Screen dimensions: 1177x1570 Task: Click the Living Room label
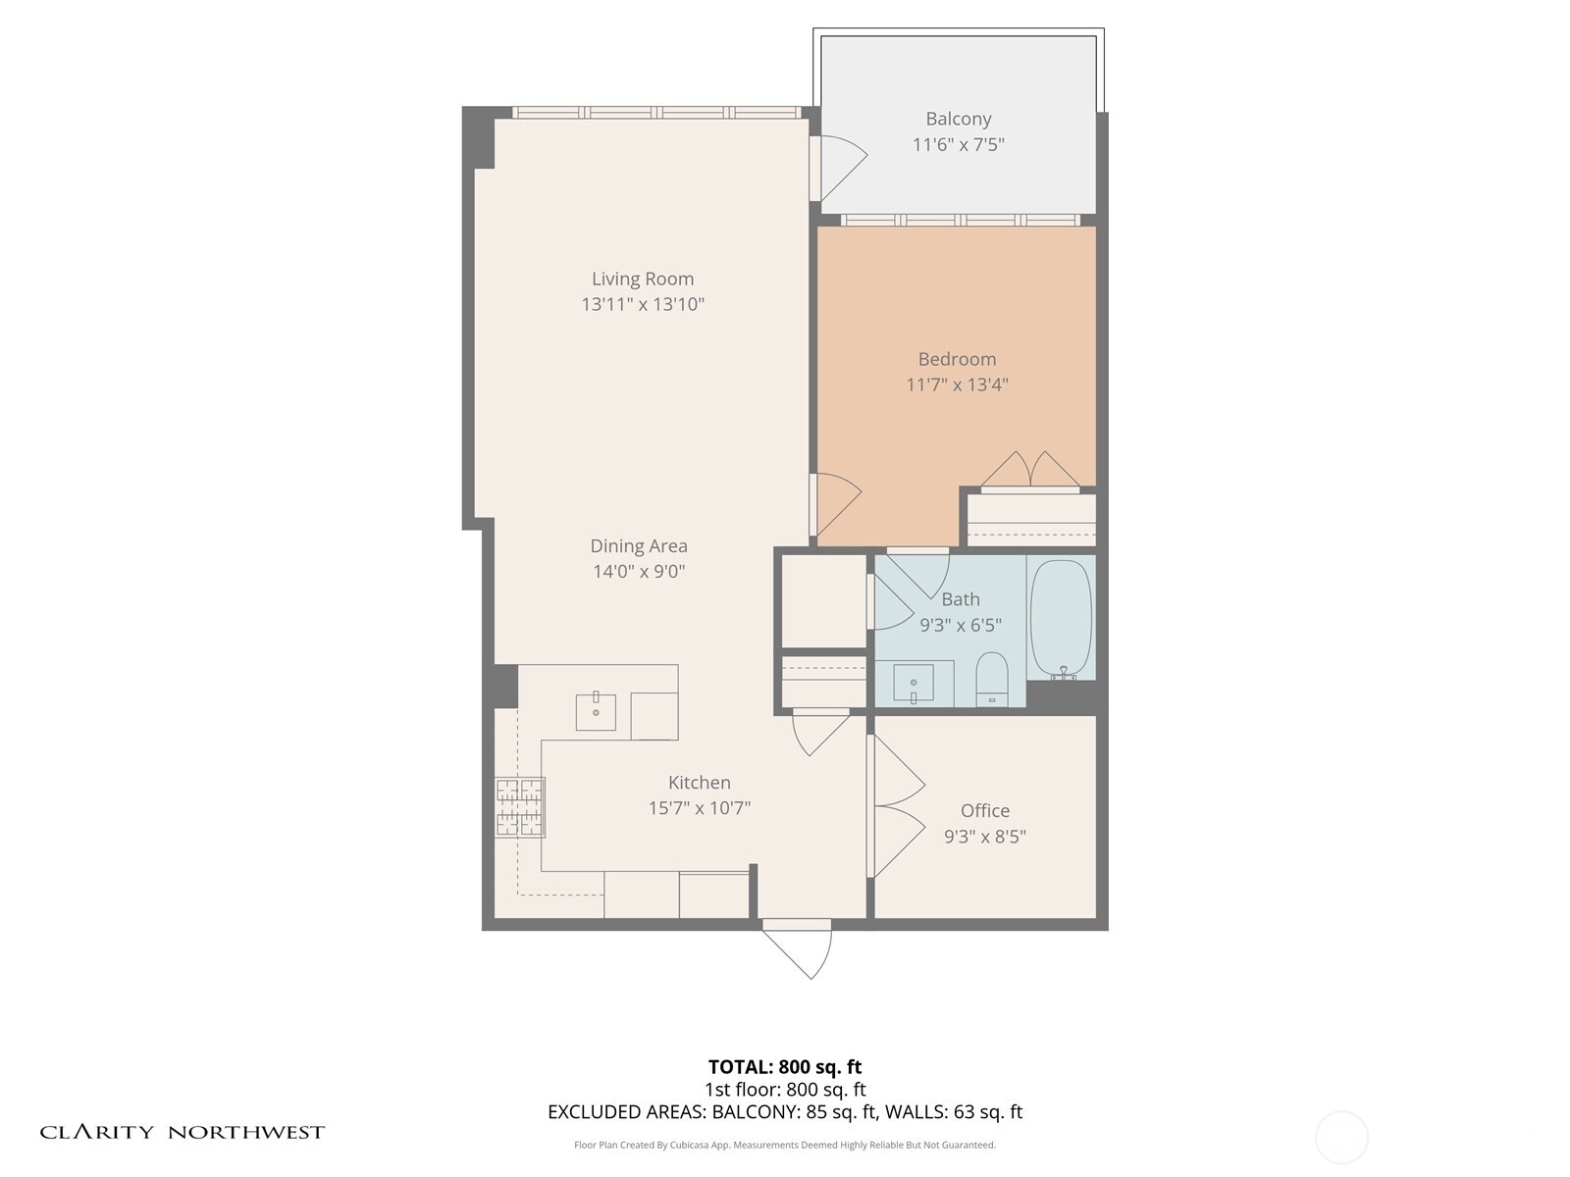643,280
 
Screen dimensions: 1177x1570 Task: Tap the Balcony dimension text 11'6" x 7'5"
958,145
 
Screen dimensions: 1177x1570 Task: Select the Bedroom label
957,360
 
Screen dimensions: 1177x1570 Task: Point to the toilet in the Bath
992,679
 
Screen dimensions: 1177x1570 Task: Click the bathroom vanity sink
914,683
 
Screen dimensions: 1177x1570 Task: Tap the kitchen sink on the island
596,711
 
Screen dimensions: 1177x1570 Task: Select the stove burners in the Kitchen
520,807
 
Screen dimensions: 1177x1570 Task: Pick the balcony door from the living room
839,167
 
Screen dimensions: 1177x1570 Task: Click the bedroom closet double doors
1030,471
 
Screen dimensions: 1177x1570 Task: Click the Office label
985,811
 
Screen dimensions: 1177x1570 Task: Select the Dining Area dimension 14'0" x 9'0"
639,572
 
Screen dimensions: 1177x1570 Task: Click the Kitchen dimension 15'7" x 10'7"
699,809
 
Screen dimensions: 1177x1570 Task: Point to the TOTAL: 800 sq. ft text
785,1067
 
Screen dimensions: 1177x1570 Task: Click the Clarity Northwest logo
183,1133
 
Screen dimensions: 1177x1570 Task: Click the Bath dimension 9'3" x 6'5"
960,626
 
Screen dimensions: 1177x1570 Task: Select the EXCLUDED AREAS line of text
785,1112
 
